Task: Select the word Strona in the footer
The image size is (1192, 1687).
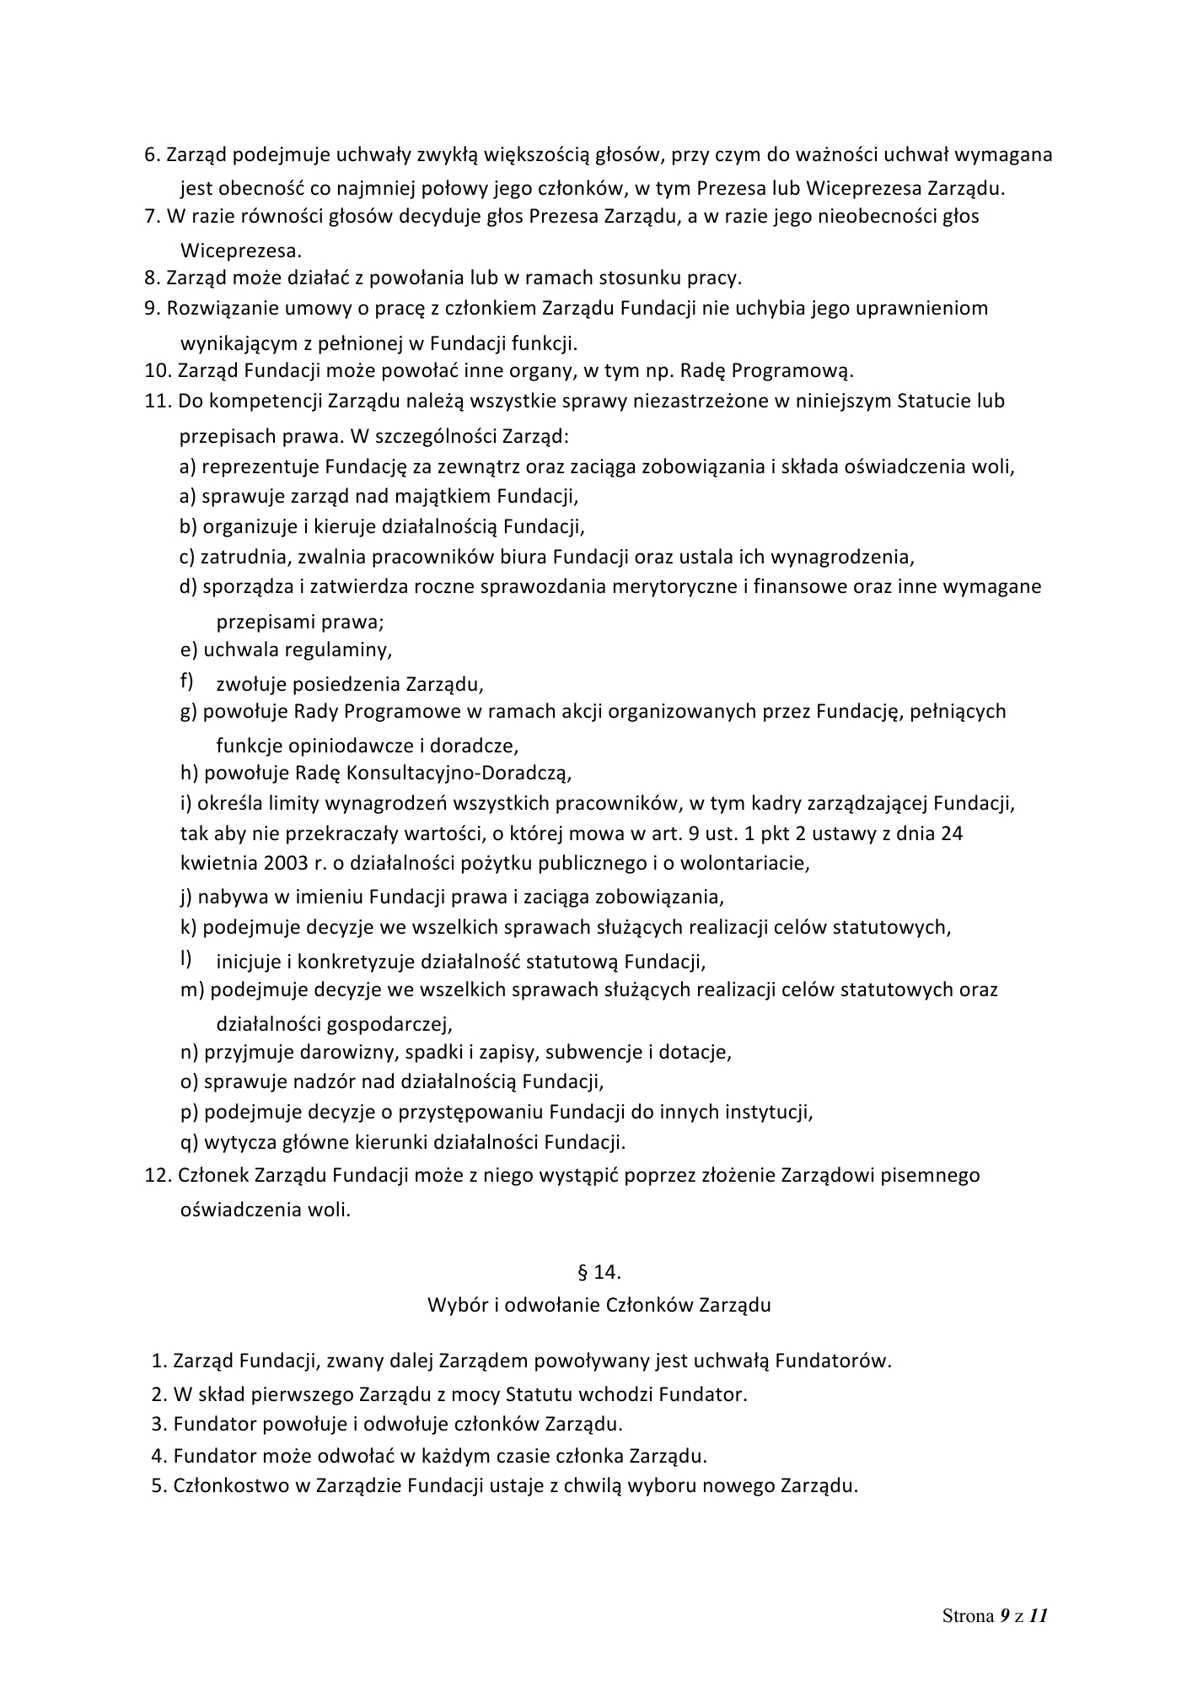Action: [x=968, y=1616]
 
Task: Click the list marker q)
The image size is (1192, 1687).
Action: [x=189, y=1143]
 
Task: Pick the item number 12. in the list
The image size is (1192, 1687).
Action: [x=158, y=1175]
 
